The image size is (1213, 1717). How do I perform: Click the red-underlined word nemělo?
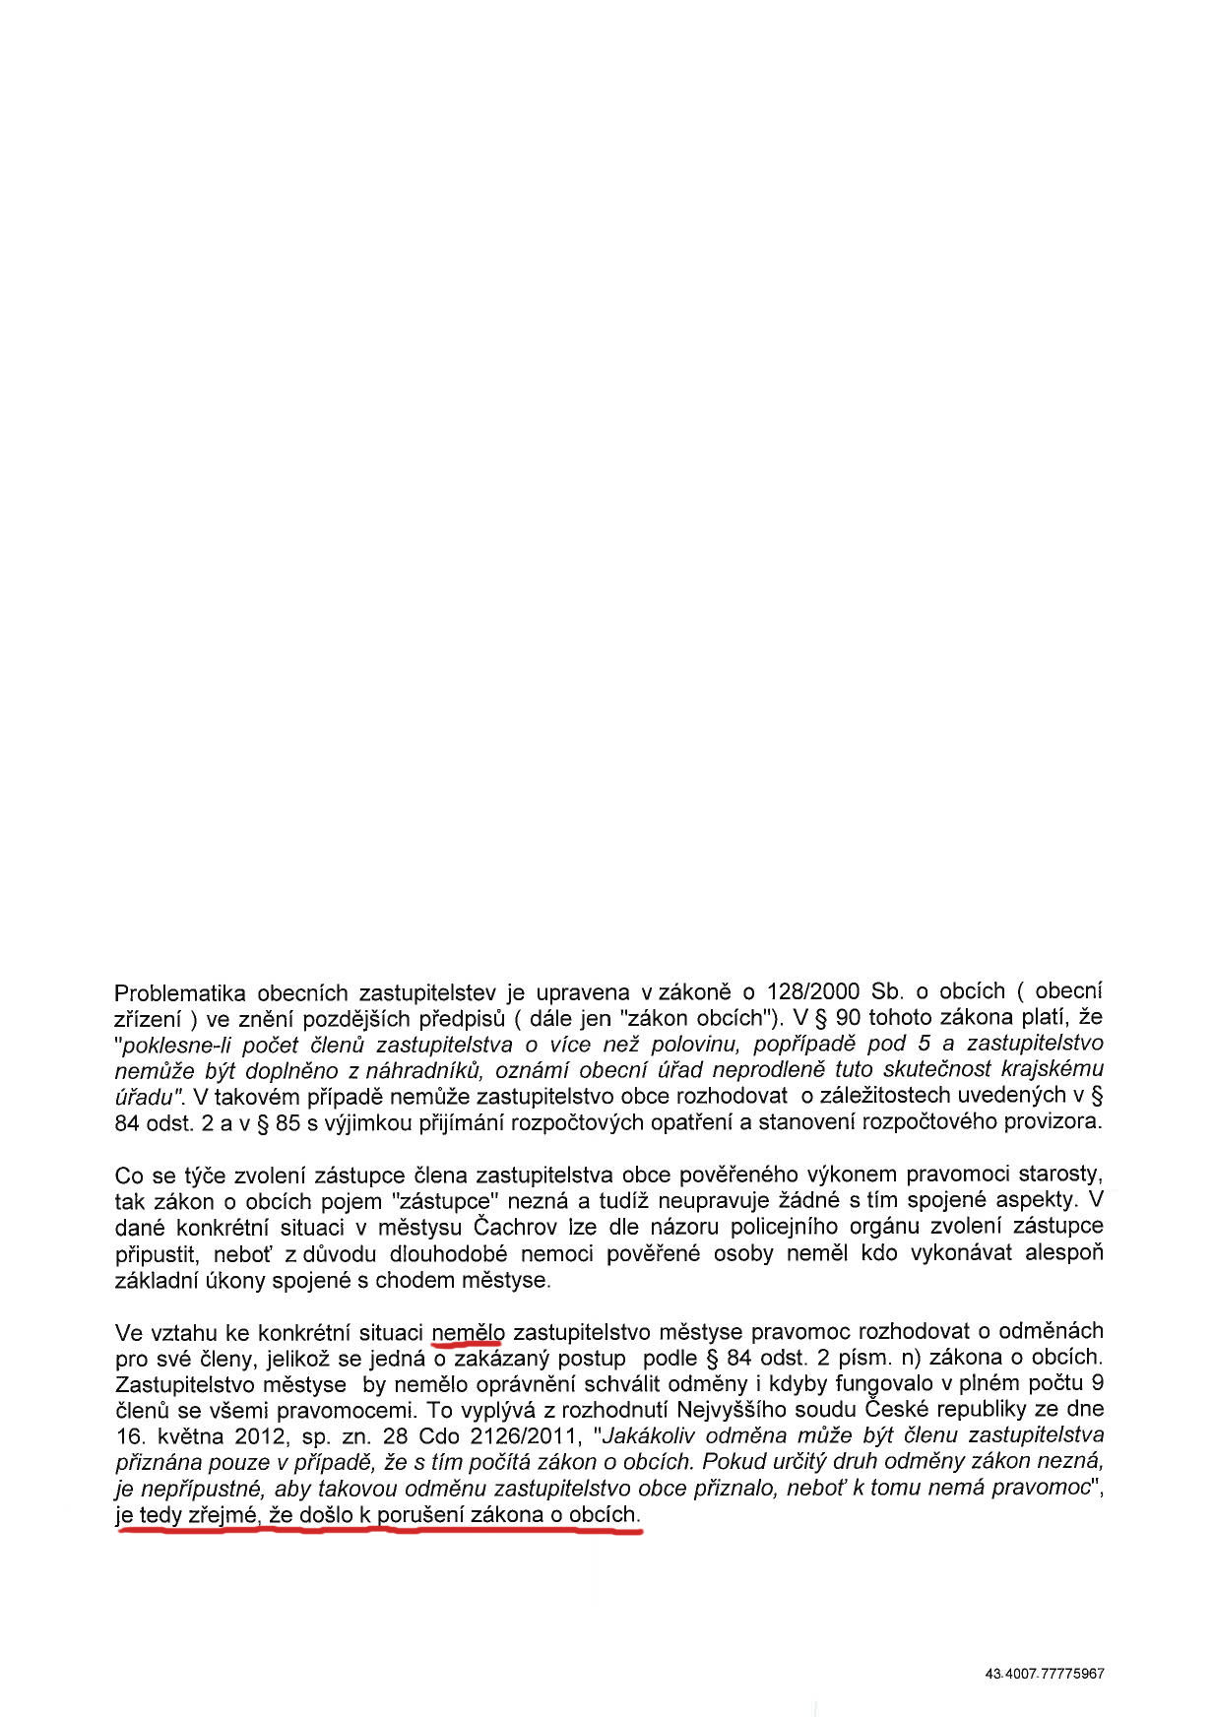click(x=468, y=1333)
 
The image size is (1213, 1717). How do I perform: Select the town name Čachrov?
click(x=517, y=1228)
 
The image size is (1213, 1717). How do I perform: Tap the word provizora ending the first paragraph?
click(x=1056, y=1122)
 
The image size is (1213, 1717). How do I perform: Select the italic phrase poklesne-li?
click(x=174, y=1044)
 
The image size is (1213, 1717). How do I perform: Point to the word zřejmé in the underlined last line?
click(x=230, y=1515)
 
